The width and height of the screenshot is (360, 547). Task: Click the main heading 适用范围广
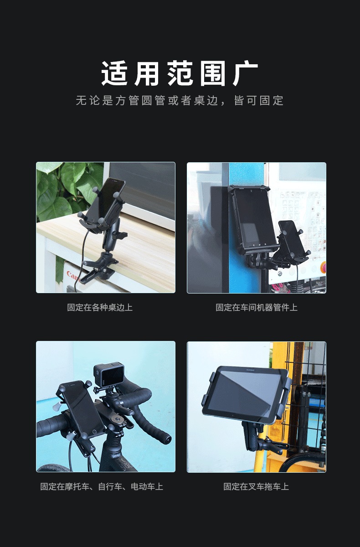coord(180,73)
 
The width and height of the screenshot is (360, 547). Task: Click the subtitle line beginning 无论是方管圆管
coord(180,101)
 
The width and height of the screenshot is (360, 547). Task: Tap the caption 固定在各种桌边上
coord(100,307)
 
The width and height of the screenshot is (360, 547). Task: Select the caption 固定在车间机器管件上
coord(257,307)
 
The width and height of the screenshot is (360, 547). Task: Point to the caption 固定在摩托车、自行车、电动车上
coord(102,487)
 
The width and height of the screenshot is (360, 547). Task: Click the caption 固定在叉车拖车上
coord(256,487)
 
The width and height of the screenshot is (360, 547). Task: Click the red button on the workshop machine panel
coord(324,266)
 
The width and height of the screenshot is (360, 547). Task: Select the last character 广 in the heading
coord(245,73)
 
